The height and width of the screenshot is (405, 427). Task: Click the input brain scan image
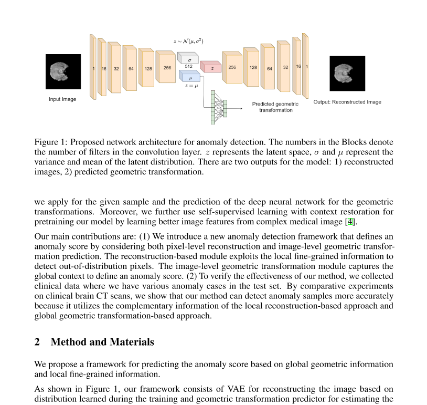[63, 72]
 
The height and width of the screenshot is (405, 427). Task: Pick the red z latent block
[211, 68]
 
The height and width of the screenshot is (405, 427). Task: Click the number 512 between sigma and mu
[188, 67]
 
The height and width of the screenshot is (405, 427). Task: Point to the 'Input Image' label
[62, 99]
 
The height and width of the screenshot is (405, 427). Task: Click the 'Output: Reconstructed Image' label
[347, 102]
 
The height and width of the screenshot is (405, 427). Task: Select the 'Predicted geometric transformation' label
[275, 107]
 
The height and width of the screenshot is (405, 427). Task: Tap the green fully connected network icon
[219, 107]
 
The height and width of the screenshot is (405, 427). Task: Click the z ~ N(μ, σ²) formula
[188, 41]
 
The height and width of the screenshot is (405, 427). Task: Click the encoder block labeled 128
[148, 68]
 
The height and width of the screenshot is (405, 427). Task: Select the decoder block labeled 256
[232, 67]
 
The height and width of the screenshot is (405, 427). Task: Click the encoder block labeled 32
[116, 68]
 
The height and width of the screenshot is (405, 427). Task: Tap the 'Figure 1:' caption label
[50, 142]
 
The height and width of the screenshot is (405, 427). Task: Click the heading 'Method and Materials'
[102, 342]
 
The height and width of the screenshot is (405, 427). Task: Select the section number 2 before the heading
[37, 342]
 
